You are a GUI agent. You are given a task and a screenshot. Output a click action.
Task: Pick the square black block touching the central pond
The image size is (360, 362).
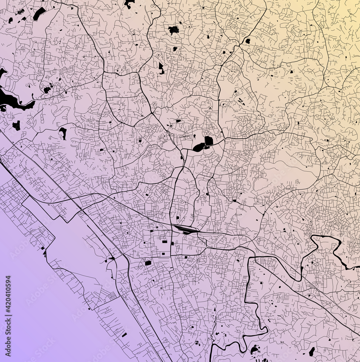pos(209,141)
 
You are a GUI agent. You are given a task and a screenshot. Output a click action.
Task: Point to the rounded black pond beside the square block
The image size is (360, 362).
pos(199,147)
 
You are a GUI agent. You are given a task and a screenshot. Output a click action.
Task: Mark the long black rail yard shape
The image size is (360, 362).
pos(185,229)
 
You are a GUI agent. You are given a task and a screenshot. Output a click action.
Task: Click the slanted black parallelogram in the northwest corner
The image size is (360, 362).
pos(39,13)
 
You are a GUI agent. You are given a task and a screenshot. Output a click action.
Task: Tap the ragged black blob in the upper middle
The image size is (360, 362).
pos(173,30)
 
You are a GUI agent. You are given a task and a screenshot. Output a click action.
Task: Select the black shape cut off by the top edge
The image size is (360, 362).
pos(129,4)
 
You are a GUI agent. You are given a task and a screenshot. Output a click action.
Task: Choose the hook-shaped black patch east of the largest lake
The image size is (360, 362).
pos(63,132)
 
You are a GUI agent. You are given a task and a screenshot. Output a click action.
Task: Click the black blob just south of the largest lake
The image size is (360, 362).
pos(16,126)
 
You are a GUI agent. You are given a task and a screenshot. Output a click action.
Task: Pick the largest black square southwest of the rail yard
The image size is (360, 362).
pos(148,263)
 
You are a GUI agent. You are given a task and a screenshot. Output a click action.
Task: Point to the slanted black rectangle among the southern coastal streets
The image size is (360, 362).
pos(124,335)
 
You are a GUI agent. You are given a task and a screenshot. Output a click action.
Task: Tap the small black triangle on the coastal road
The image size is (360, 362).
pos(113,258)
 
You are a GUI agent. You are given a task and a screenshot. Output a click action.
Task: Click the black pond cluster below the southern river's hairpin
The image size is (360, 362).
pos(254,350)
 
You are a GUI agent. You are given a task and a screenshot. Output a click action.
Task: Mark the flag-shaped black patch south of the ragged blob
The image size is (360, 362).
pos(161,67)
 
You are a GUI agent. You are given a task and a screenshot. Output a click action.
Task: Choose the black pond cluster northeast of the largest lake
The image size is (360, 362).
pos(47,89)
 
